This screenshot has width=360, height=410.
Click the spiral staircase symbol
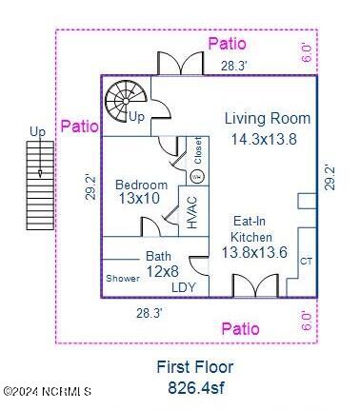coord(126,101)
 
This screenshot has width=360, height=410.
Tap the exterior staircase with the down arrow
coord(40,185)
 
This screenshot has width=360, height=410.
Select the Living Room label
coord(268,118)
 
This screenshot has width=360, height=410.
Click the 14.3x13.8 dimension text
coord(264,139)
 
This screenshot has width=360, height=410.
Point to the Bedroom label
coord(141,185)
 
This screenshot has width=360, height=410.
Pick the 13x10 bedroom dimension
coord(139,199)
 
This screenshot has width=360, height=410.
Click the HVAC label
coord(192,212)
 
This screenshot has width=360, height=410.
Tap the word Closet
coord(198,150)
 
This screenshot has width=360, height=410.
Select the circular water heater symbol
coord(197,176)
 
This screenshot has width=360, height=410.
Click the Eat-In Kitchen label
coord(250,229)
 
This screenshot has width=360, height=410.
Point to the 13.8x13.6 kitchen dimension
coord(254,252)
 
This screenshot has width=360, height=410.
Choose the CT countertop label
coord(306,261)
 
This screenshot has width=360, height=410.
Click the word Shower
coord(123,279)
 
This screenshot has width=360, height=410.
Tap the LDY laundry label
coord(184,287)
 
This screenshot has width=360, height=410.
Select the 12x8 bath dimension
coord(162,271)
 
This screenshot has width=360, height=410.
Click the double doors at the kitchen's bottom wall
coord(256,285)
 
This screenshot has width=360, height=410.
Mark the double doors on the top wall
coord(180,64)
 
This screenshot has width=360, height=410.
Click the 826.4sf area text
coord(196,387)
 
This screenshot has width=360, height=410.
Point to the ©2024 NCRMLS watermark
coord(48,391)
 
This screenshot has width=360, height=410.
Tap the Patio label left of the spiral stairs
coord(79,127)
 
